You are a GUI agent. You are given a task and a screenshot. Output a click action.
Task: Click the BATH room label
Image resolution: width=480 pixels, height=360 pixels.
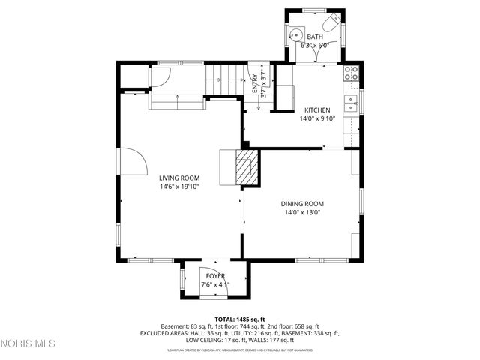pos(315,37)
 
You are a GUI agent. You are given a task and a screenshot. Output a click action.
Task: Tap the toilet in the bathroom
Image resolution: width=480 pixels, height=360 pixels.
pos(331,20)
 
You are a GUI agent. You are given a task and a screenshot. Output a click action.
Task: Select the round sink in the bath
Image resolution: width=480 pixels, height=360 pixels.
pos(297,34)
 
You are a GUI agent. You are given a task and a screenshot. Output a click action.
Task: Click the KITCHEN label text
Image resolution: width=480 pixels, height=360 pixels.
pos(316,109)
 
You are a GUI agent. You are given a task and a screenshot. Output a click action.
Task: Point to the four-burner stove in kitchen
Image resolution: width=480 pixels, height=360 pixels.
pos(350,73)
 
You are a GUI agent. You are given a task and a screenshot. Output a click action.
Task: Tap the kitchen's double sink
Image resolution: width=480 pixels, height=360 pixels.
pos(350,103)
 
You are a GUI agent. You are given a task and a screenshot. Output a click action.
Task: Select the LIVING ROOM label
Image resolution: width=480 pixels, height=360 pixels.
pos(178,178)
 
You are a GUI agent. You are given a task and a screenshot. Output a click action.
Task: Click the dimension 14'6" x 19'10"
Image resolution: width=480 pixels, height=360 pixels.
pos(178,187)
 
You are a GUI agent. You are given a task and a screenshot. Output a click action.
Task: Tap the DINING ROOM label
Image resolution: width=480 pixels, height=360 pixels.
pos(302,204)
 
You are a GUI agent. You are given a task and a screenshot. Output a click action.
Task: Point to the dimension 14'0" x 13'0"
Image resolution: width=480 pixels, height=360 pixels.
pos(302,213)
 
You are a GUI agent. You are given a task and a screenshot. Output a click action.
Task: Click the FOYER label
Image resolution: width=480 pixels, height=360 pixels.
pos(215,276)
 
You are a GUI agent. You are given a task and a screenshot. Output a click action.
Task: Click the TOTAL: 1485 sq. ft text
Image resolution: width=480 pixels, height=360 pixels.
pos(240,319)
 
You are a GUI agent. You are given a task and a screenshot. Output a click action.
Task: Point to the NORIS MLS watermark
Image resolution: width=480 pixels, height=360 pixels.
pos(28,343)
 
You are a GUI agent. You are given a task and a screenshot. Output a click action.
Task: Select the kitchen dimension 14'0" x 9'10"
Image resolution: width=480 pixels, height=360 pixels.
pos(316,118)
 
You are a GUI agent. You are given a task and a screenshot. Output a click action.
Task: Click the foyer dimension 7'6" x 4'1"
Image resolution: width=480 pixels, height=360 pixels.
pos(216,285)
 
